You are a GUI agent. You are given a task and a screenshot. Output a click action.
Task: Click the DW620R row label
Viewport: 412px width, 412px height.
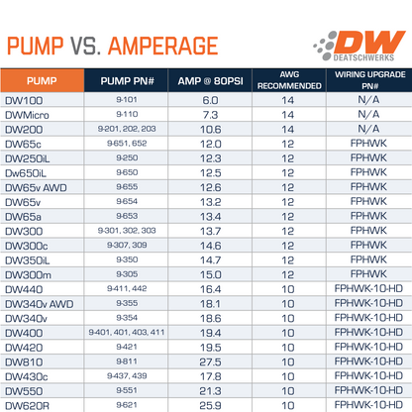coord(27,405)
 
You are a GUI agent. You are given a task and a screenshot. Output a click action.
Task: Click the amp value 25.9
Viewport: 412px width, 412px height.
coord(209,405)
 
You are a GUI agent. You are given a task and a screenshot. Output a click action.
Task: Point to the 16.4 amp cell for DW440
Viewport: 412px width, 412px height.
coord(209,289)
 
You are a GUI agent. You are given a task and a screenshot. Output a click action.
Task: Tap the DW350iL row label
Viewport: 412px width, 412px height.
coord(30,259)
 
